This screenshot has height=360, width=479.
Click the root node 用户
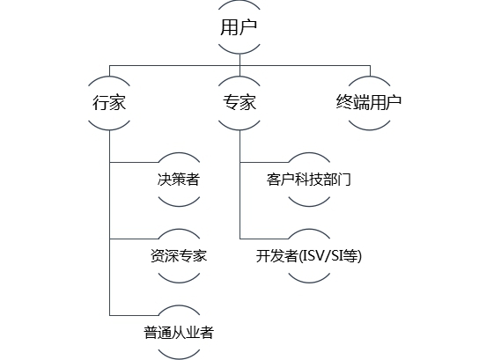[239, 27]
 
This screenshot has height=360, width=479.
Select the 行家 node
[109, 103]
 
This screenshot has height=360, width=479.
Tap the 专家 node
[239, 103]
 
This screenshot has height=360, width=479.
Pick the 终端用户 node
[369, 103]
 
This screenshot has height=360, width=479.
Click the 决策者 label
[179, 180]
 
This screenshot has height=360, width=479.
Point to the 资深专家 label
[179, 255]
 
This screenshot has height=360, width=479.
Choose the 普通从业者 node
[179, 332]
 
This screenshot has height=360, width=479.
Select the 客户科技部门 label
[308, 180]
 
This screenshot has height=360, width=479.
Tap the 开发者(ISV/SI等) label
[308, 256]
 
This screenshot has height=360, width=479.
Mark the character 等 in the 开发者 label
[350, 256]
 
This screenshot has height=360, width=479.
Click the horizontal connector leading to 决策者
[134, 162]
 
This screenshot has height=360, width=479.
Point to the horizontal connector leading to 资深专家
[134, 239]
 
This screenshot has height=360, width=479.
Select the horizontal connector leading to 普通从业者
[134, 315]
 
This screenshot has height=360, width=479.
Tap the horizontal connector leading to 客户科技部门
[264, 162]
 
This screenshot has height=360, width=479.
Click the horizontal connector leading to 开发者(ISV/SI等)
[264, 239]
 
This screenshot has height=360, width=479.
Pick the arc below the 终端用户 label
[369, 129]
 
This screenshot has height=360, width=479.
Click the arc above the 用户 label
[239, 2]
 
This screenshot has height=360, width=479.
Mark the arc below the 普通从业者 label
[179, 358]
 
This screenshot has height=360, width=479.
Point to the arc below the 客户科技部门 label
[309, 206]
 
